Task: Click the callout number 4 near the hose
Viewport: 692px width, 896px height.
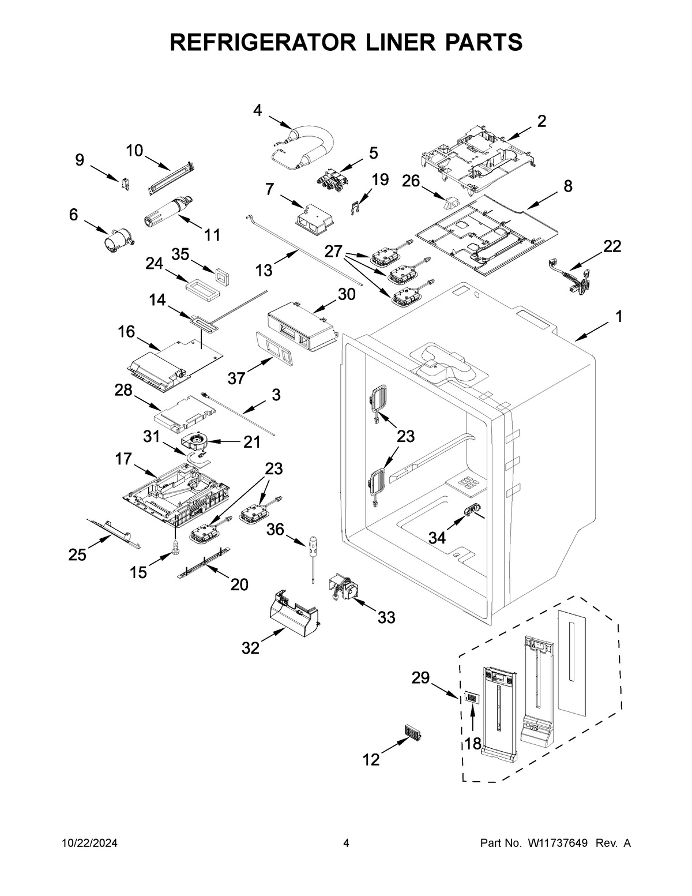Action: click(257, 110)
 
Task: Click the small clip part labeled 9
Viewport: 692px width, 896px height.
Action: click(124, 183)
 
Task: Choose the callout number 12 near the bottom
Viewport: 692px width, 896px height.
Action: click(371, 760)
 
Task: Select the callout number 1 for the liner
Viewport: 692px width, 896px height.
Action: click(619, 316)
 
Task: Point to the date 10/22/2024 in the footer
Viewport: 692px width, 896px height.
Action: click(89, 843)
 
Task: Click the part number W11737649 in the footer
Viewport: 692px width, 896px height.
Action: click(557, 843)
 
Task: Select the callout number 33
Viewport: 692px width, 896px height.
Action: click(386, 617)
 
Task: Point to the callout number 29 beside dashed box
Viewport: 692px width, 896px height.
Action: click(420, 678)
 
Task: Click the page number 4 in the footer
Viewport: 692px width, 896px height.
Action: click(346, 843)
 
